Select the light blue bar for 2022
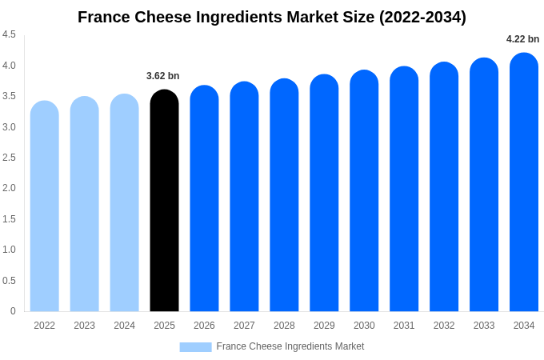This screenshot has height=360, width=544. tap(45, 206)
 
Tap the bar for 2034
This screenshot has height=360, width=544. tap(524, 182)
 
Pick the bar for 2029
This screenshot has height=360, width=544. tap(324, 193)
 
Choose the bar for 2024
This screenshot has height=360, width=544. tap(124, 202)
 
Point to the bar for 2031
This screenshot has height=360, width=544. tap(404, 189)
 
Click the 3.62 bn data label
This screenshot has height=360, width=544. tap(162, 76)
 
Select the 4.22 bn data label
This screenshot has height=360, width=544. tap(522, 39)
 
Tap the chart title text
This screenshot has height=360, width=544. tap(272, 17)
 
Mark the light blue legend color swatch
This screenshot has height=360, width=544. tap(195, 346)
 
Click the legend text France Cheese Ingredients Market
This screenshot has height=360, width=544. tap(290, 346)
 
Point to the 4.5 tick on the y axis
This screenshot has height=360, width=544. tap(9, 34)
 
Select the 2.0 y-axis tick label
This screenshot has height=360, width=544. tap(9, 188)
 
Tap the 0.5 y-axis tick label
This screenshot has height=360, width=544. tap(9, 281)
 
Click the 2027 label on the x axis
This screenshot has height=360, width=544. tap(244, 326)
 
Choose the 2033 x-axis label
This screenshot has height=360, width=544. tap(484, 326)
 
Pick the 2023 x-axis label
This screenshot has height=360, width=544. tap(84, 326)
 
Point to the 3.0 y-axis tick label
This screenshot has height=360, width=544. tap(9, 126)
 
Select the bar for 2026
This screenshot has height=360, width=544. tap(204, 198)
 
